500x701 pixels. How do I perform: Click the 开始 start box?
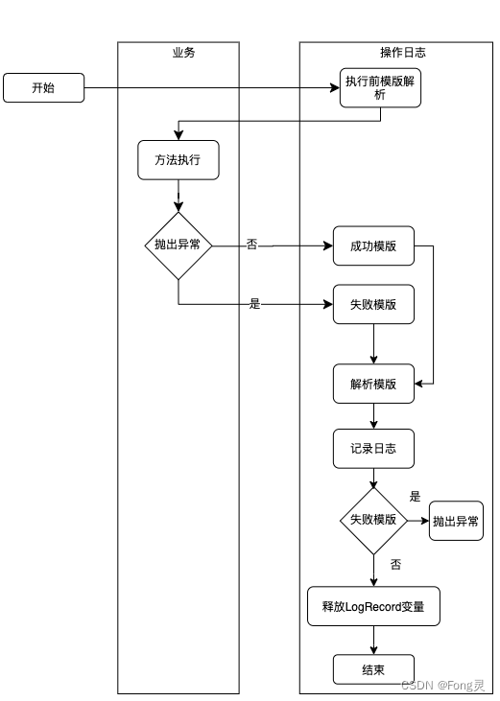pos(43,88)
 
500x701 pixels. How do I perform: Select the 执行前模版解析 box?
pos(380,88)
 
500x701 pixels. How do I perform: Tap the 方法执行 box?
pos(178,160)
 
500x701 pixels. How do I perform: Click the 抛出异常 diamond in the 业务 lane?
pos(178,245)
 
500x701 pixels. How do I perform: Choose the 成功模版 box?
pos(373,245)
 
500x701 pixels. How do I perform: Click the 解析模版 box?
pos(373,384)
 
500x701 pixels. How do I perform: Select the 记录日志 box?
pos(373,448)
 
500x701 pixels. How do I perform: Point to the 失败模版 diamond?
pos(373,520)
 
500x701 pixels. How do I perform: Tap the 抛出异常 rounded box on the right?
pos(456,521)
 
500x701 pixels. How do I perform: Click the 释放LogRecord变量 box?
pos(373,606)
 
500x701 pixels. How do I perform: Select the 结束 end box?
pos(373,669)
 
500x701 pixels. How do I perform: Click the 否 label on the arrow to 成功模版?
pos(251,245)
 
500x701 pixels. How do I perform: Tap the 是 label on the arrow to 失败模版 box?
pos(254,304)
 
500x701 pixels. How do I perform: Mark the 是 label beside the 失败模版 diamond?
pos(416,497)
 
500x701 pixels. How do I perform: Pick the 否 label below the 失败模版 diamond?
pos(396,564)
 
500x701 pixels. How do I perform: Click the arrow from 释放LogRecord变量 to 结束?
pos(373,641)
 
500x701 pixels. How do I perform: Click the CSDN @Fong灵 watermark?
pos(442,686)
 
